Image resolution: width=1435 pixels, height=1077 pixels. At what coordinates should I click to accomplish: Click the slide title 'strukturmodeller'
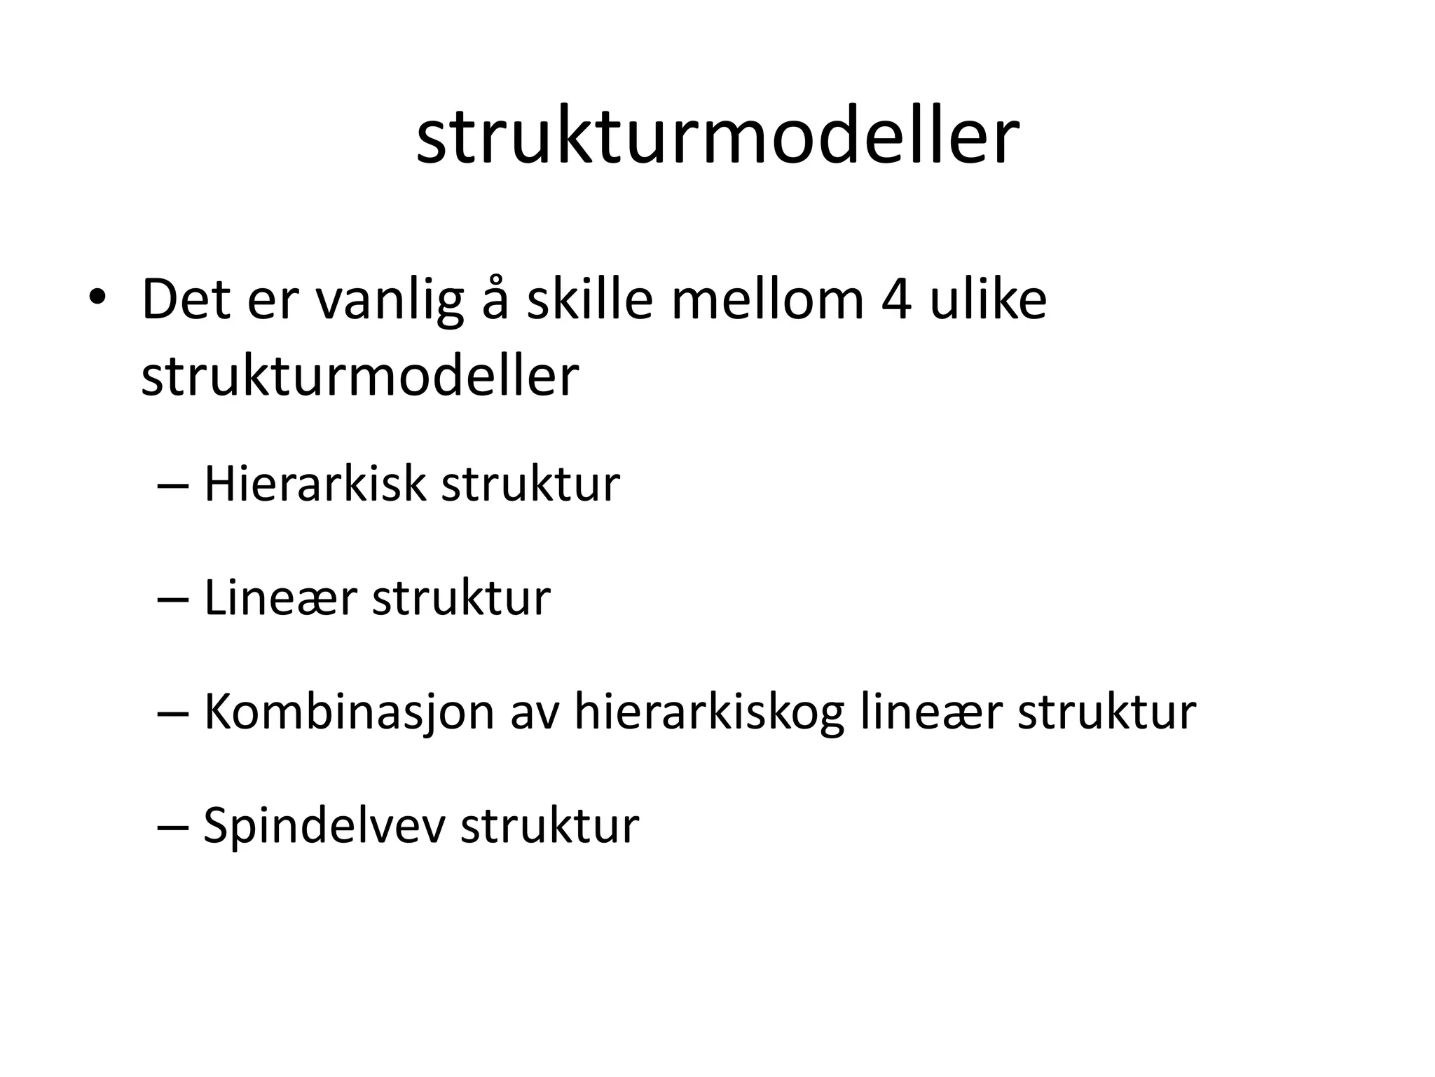pos(717,137)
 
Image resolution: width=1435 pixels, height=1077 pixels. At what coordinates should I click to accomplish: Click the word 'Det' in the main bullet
pos(186,300)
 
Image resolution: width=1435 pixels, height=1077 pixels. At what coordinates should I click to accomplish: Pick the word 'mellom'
pos(767,300)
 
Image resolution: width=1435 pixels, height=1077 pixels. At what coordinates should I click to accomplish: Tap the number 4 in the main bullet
pos(895,300)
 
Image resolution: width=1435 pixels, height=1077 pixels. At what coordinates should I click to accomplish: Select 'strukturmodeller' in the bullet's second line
pos(360,377)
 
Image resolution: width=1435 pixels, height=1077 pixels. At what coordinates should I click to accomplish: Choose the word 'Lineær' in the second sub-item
pos(280,598)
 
